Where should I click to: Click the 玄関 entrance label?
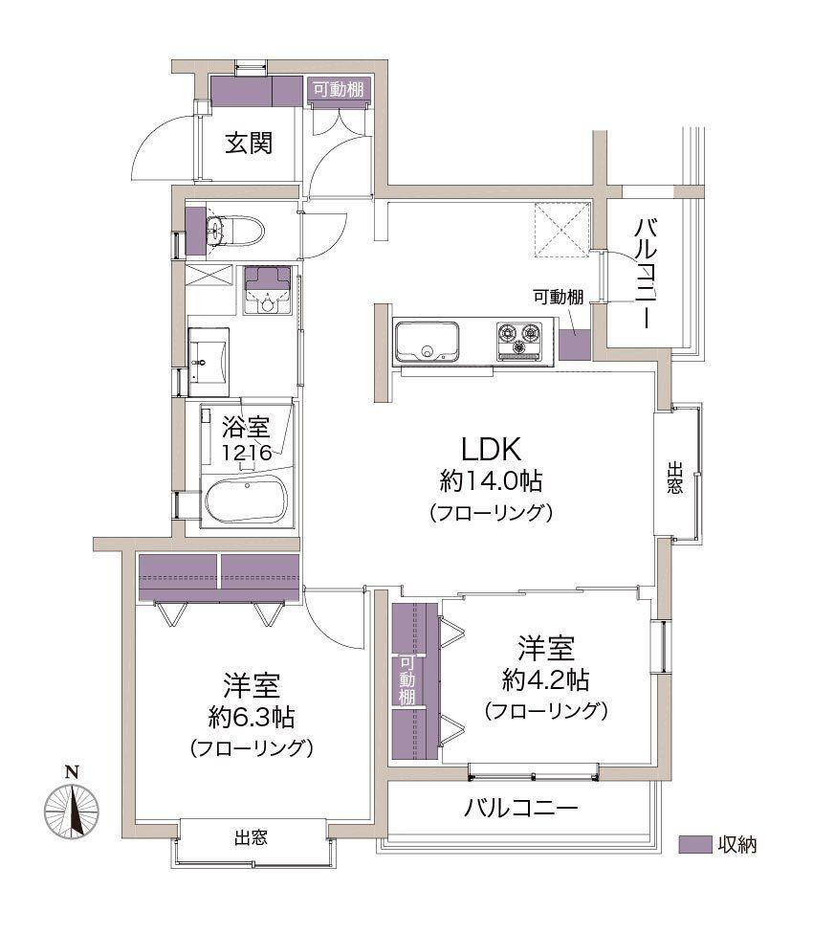[249, 143]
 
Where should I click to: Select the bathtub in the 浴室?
[246, 499]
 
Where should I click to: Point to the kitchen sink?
[428, 342]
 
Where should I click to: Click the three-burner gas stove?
[519, 341]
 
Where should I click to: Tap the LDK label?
[492, 449]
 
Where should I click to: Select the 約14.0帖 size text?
[491, 480]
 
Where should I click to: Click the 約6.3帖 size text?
[252, 717]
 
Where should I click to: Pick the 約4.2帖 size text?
[546, 679]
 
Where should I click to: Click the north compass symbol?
[72, 811]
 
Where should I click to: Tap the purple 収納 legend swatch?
[695, 844]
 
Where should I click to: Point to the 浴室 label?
[246, 427]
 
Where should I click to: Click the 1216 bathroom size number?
[247, 453]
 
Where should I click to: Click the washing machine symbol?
[268, 290]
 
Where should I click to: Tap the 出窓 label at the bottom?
[252, 838]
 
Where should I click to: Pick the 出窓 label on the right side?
[674, 478]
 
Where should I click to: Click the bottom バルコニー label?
[520, 809]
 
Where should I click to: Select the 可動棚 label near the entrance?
[339, 90]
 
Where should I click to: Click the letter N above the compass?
[72, 772]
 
